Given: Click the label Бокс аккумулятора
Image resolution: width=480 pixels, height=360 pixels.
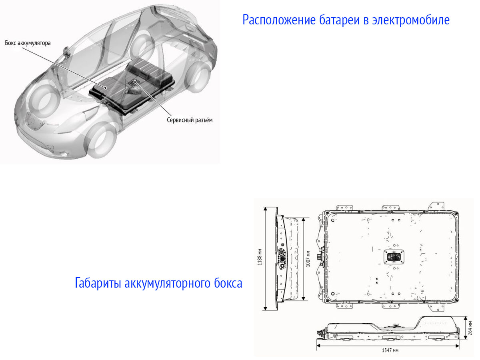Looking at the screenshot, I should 28,42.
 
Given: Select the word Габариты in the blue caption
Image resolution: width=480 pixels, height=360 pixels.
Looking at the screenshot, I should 99,283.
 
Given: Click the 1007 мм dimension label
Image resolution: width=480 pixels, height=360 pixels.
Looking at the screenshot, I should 308,259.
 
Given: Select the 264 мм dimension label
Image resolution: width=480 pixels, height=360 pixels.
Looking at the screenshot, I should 471,328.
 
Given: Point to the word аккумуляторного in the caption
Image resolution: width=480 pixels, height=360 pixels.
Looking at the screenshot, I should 167,283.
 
